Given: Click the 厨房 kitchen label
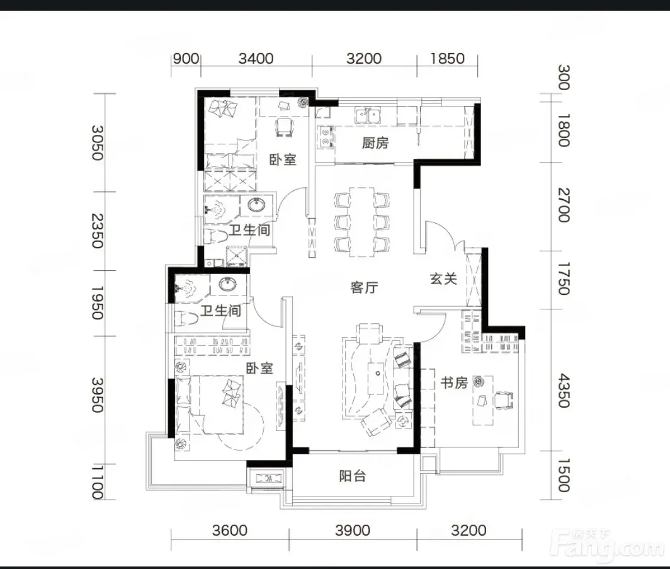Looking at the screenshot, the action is click(x=375, y=142).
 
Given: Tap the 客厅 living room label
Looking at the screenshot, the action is click(x=363, y=287).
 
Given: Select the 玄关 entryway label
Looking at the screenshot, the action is click(x=443, y=279).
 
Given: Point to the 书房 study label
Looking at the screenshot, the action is click(x=454, y=382).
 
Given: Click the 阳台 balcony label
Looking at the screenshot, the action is click(x=353, y=476).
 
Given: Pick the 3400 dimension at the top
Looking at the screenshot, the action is click(x=256, y=58).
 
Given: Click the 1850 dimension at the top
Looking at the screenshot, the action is click(x=447, y=58).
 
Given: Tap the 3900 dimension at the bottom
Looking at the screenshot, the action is click(x=353, y=531).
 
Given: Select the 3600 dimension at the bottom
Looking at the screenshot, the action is click(x=230, y=531).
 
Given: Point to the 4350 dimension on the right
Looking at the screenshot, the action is click(x=564, y=391).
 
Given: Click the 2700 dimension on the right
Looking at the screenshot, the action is click(x=564, y=205).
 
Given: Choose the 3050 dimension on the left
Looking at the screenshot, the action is click(x=98, y=142).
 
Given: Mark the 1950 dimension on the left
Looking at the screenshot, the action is click(x=98, y=303).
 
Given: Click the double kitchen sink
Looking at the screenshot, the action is click(x=368, y=115).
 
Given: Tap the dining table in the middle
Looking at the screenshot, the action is click(x=362, y=222).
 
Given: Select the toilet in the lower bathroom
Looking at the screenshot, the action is click(x=187, y=318).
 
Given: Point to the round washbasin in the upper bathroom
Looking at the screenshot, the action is click(x=256, y=205).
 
